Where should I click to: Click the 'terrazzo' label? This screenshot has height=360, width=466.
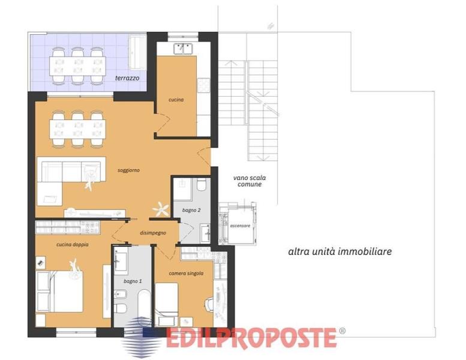click(127, 78)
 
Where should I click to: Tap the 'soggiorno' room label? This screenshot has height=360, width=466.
click(128, 170)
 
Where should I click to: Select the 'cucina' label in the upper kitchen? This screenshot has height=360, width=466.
click(176, 100)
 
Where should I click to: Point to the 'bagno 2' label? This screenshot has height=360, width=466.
click(191, 210)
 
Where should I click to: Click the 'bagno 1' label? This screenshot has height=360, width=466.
click(133, 281)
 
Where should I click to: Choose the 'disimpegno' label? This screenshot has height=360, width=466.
click(153, 233)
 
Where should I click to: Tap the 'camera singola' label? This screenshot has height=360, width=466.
click(186, 273)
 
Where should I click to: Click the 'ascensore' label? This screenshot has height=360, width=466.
click(240, 226)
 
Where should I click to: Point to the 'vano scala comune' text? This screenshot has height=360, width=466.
click(249, 181)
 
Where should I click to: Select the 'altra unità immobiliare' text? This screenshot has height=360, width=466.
click(339, 251)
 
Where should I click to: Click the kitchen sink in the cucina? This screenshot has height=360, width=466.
click(183, 49)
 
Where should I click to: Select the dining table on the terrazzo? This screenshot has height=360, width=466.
click(77, 66)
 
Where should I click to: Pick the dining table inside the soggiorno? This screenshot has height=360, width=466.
click(77, 129)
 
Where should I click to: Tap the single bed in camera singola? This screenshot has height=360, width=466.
click(167, 303)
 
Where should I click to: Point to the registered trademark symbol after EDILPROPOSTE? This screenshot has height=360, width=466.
click(342, 331)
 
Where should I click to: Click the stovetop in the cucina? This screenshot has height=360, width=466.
click(203, 85)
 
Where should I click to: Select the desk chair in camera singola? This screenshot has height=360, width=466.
click(209, 304)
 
